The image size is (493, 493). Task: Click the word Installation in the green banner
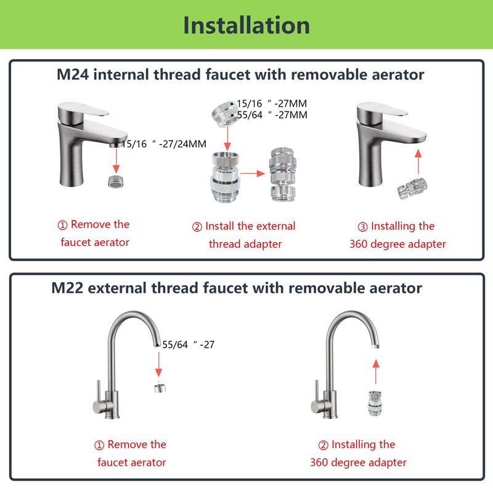tap(246, 25)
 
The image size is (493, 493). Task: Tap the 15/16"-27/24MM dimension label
tap(164, 144)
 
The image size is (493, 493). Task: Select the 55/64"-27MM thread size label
tap(272, 115)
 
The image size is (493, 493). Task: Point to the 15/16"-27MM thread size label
tap(272, 104)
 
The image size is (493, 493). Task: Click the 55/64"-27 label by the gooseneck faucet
tap(189, 344)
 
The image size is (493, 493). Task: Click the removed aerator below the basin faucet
tap(116, 182)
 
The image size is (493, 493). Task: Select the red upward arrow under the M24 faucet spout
tap(418, 161)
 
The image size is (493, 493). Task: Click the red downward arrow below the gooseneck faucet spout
tap(158, 364)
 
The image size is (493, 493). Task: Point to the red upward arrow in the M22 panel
tap(376, 372)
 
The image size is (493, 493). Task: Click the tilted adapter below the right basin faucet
tap(412, 189)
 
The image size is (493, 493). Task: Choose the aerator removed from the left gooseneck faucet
tap(160, 388)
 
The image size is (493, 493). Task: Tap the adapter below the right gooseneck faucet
tap(375, 403)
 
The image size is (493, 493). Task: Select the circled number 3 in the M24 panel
tap(363, 227)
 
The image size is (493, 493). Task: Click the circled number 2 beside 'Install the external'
tap(197, 227)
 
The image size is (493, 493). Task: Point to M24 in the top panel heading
tap(73, 75)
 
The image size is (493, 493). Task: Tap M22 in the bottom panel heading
tap(67, 288)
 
